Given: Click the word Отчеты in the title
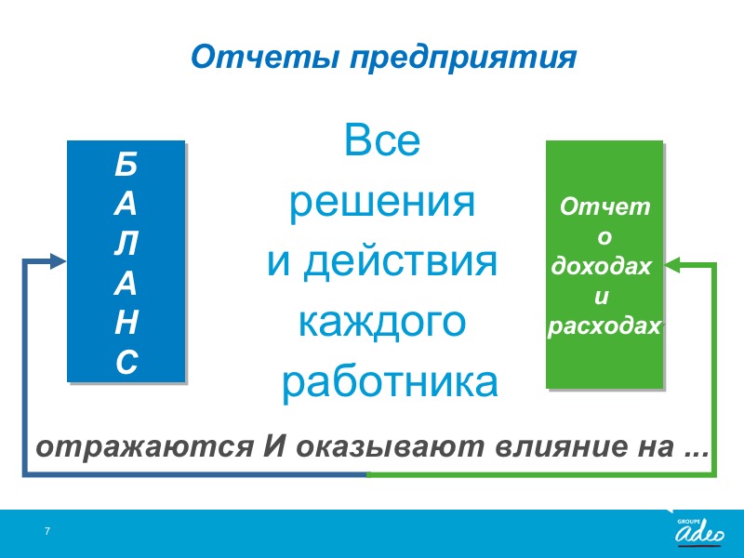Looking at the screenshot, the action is coord(265,57).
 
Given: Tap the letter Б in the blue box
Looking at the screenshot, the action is coord(126,165).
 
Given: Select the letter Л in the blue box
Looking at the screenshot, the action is coord(126,244).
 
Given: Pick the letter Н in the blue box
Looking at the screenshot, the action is coord(126,322).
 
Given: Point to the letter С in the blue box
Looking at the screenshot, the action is coord(126,362).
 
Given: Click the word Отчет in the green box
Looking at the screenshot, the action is coord(604,206).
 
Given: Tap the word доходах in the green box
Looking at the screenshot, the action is coord(601,266).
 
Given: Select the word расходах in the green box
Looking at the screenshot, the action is coord(604,326).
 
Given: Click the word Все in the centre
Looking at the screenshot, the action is coord(382,140).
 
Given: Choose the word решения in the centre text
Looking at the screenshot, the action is coord(382,204).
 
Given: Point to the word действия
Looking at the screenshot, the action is coord(400,262).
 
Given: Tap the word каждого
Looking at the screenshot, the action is coord(382,324).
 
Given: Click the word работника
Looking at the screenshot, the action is coord(390,383).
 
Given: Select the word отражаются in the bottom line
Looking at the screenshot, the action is coord(145,447).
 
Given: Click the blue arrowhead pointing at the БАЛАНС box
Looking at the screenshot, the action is coord(58,261).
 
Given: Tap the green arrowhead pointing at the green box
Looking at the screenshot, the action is coord(671,265).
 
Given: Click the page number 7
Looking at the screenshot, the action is coord(47,531).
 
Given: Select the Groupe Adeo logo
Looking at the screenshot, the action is coord(699,531).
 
